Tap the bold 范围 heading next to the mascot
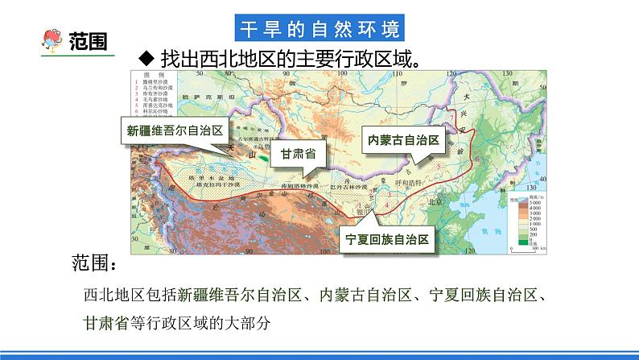click(x=89, y=39)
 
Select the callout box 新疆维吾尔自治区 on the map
click(x=175, y=130)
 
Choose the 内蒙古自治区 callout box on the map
click(x=403, y=139)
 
